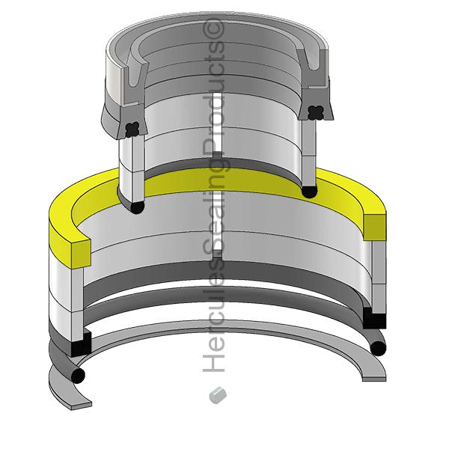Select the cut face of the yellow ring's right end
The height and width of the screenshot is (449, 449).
pos(375,227)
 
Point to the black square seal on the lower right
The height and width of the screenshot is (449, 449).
pos(373,318)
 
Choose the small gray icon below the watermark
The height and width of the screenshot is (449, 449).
pos(218,394)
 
